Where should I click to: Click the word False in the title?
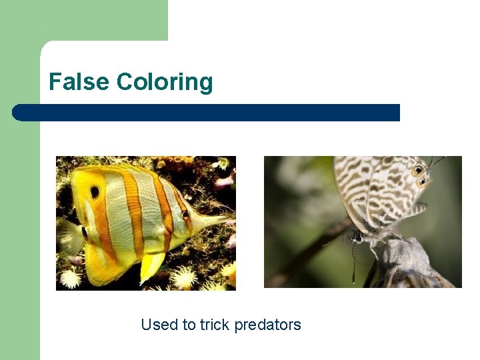point(79,82)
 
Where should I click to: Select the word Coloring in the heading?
point(164,83)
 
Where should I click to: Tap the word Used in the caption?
point(159,325)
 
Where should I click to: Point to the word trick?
point(214,325)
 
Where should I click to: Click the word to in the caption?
point(189,325)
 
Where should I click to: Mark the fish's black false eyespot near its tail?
point(95,191)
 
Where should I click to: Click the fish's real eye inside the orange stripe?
point(185,215)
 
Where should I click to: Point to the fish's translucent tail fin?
point(69,237)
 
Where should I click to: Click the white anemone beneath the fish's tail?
point(70,277)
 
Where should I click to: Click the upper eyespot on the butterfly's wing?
point(419,170)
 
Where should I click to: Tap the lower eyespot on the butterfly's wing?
point(421,181)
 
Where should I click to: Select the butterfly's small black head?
point(357,237)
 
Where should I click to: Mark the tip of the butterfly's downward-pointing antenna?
point(355,281)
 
